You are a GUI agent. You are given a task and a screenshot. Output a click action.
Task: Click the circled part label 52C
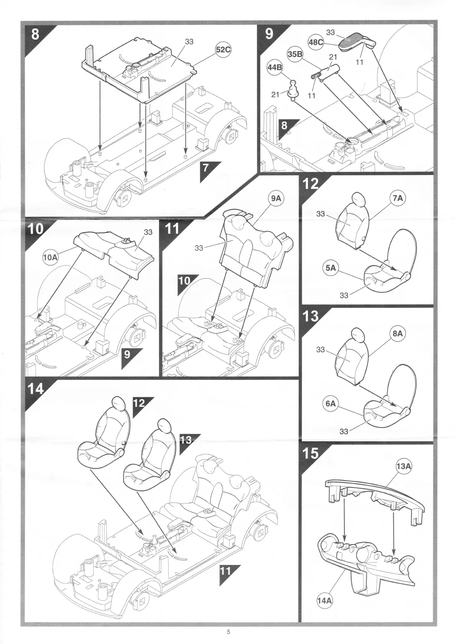click(223, 50)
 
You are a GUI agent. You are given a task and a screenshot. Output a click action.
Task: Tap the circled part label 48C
click(316, 42)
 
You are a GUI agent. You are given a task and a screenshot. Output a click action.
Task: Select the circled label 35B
click(295, 54)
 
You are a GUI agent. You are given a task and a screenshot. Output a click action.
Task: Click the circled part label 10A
click(50, 257)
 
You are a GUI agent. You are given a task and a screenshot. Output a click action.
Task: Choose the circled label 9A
click(276, 198)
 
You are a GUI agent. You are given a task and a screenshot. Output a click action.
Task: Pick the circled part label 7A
click(398, 198)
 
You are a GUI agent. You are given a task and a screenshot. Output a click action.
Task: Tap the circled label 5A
click(331, 268)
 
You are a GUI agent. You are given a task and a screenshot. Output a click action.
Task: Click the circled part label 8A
click(398, 334)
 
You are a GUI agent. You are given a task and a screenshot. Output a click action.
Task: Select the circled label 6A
click(331, 403)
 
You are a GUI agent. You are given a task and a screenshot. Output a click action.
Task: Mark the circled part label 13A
click(403, 466)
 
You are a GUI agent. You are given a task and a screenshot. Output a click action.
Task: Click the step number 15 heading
click(310, 453)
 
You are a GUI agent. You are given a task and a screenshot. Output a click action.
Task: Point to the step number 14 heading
click(36, 389)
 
